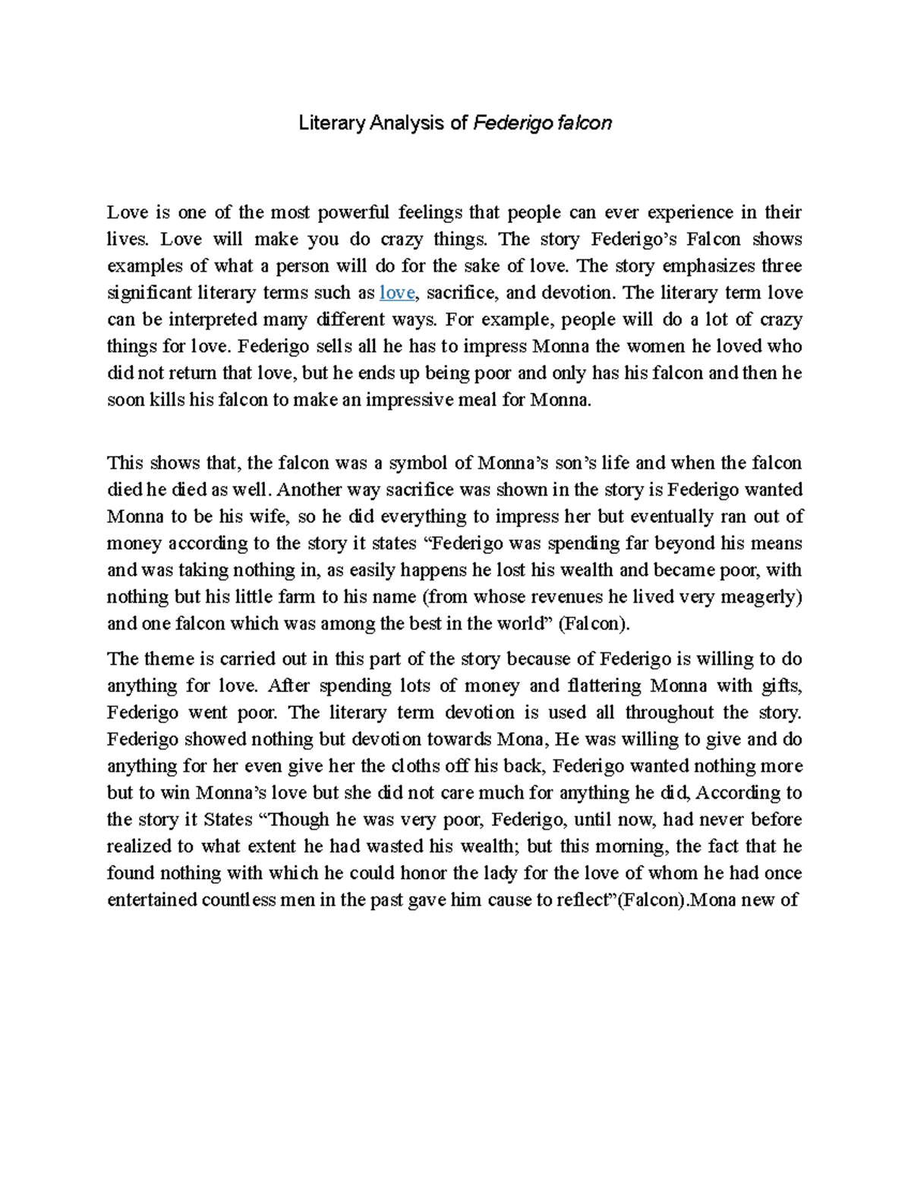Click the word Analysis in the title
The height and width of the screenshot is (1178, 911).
405,123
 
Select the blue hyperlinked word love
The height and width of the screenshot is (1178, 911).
396,293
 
